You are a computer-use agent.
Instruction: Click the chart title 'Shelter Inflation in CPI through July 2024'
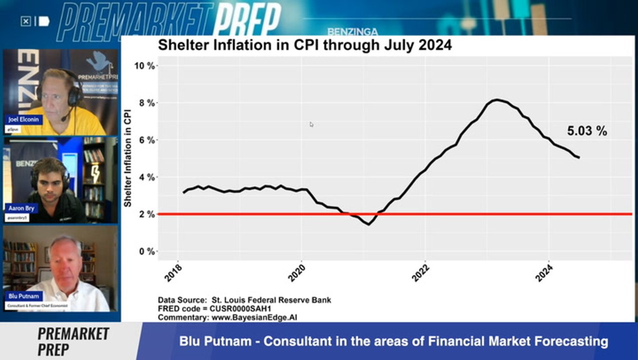point(304,45)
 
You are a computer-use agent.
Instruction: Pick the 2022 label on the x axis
point(421,272)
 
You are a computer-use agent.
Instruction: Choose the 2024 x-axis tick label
point(544,272)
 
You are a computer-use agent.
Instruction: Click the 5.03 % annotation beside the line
point(587,131)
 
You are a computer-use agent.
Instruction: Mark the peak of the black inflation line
point(495,99)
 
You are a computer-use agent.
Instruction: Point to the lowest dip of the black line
point(368,224)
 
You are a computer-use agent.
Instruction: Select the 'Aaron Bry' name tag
point(21,208)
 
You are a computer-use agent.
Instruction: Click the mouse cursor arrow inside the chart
point(311,124)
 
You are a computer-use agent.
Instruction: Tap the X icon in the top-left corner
point(26,21)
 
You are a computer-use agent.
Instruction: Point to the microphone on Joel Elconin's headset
point(64,119)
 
